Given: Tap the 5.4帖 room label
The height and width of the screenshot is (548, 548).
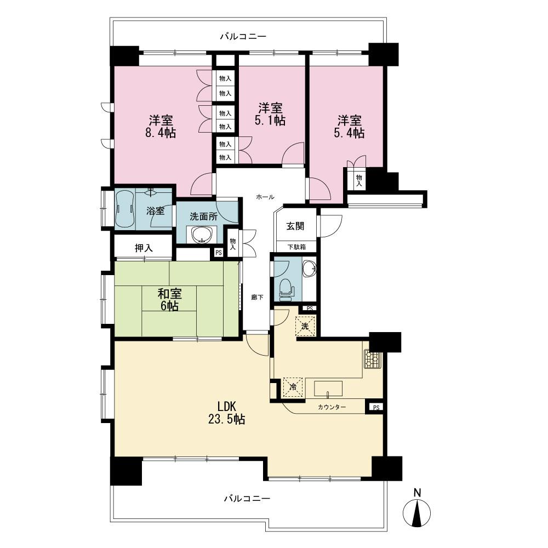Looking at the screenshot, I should (x=351, y=126).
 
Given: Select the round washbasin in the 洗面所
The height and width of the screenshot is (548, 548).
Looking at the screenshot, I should (x=201, y=235).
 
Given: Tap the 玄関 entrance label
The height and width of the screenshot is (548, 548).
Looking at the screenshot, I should (x=295, y=226).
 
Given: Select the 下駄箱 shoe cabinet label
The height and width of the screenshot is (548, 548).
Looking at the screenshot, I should (x=295, y=247).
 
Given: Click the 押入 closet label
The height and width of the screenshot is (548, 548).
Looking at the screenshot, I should (x=144, y=248).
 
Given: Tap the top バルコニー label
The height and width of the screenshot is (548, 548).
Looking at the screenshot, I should (x=243, y=37).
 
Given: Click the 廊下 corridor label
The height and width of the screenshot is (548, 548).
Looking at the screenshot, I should (x=257, y=297).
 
